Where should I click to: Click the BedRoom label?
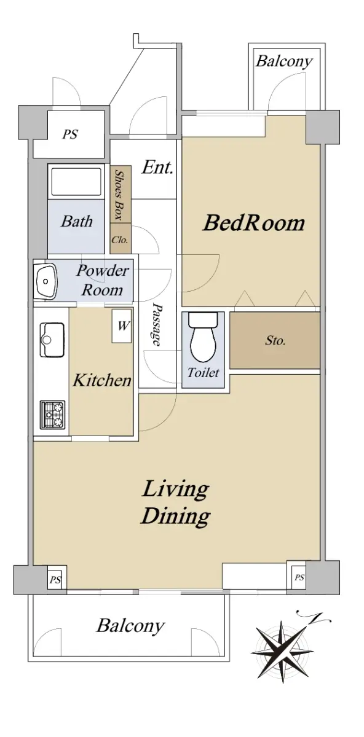point(254,223)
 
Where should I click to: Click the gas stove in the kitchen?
point(52,415)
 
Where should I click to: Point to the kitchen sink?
point(52,340)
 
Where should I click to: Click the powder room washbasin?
point(45,280)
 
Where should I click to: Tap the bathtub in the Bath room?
point(76,183)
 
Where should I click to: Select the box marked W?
point(122,326)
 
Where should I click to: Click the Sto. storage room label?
point(275,340)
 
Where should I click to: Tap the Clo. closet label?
point(119,240)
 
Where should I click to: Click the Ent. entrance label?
point(157,167)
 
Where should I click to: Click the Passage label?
point(157,324)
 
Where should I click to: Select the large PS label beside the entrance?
point(70,135)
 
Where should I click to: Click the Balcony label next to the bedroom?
point(284,61)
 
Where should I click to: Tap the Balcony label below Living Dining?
point(130,625)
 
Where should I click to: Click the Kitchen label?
point(102,380)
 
